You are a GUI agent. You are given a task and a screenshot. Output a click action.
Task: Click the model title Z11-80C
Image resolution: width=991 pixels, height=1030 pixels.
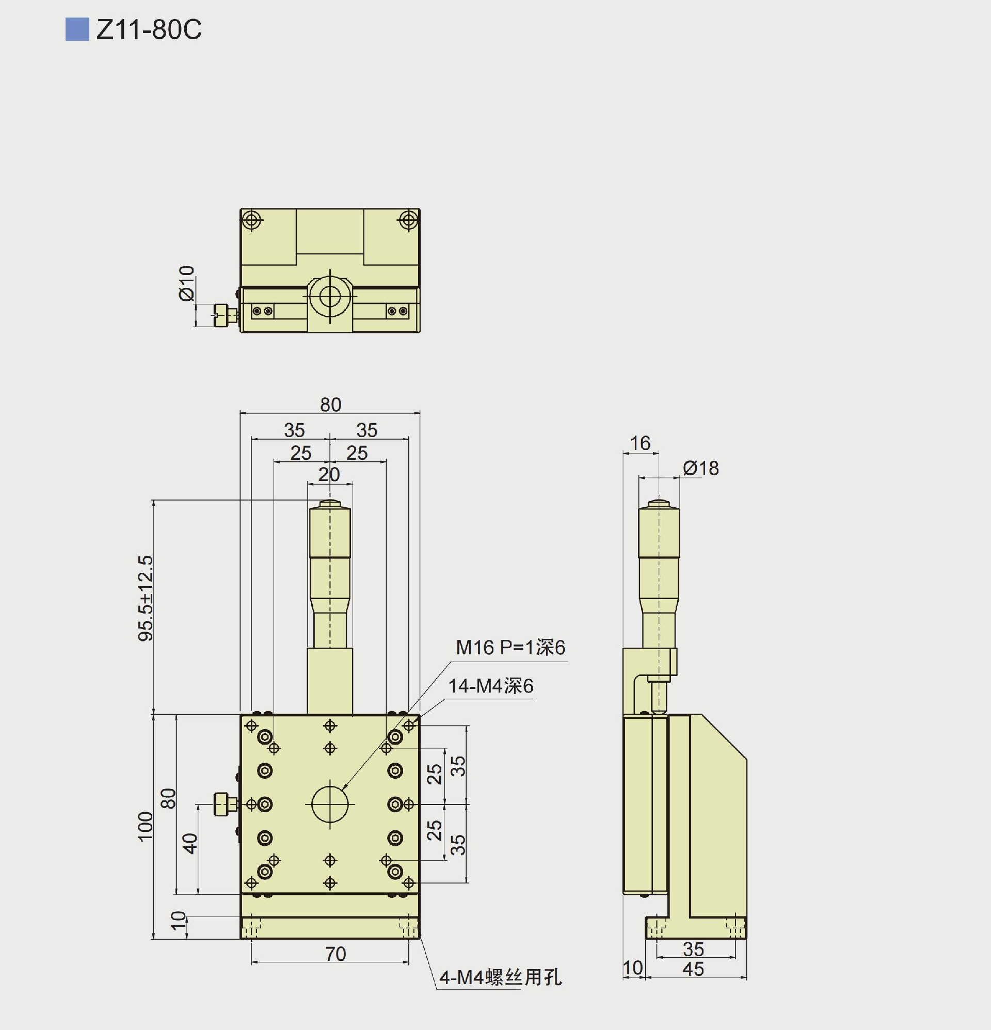pos(149,29)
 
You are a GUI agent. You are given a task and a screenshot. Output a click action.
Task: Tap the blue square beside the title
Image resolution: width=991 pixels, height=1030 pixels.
pos(77,29)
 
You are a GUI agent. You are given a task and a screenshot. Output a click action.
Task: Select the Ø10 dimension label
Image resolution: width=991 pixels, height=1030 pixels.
pos(187,283)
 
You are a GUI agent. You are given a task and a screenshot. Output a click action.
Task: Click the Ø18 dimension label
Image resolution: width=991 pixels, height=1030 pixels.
pos(701,468)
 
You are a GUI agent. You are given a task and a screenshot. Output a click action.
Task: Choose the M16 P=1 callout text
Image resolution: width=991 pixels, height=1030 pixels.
pos(510,648)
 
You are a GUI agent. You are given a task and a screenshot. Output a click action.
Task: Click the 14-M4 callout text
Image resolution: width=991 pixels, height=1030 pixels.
pos(490,686)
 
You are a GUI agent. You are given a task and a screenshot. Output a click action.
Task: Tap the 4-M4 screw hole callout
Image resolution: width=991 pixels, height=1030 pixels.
pos(500,977)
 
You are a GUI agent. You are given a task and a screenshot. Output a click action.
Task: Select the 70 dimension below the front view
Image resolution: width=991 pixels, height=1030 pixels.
pos(335,954)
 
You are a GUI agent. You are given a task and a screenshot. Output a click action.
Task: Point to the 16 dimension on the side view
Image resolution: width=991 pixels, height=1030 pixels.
pos(640,443)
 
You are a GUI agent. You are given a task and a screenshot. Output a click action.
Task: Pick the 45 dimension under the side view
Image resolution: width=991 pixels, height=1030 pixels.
pos(693,969)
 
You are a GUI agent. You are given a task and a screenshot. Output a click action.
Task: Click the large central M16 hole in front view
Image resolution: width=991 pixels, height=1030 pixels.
pos(330,804)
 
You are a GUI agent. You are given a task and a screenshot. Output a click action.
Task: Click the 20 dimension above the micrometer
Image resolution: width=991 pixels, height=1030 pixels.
pos(329,475)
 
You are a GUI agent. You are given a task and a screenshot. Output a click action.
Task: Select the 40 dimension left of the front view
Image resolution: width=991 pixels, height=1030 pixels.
pos(190,843)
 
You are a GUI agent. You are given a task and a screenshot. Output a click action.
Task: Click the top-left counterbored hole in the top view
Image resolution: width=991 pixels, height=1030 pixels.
pos(252,220)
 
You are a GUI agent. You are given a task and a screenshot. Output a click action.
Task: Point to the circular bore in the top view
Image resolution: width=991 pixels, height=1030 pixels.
pos(330,297)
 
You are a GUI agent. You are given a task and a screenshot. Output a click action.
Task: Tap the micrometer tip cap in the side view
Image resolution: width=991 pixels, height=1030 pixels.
pos(659,504)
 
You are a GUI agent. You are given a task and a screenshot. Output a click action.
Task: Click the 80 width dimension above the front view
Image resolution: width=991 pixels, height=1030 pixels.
pos(331,405)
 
